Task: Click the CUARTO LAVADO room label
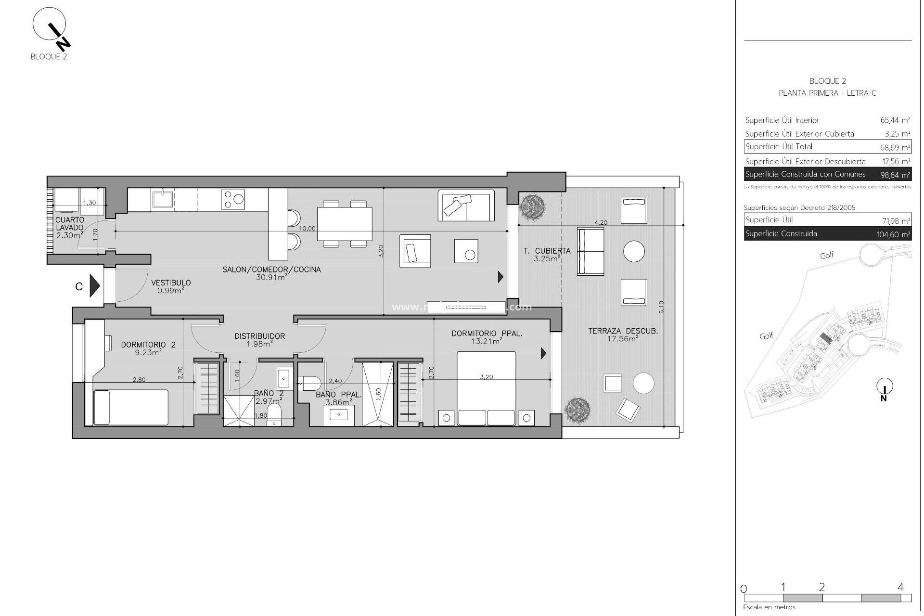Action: pyautogui.click(x=70, y=224)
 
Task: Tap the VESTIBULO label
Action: pyautogui.click(x=171, y=283)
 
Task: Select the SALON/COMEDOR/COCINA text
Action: pyautogui.click(x=271, y=269)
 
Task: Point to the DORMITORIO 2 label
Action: pyautogui.click(x=141, y=345)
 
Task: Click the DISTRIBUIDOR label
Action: pyautogui.click(x=259, y=336)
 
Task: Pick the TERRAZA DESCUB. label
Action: pyautogui.click(x=623, y=331)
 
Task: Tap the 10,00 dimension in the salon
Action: pyautogui.click(x=307, y=228)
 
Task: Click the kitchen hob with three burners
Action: pyautogui.click(x=233, y=199)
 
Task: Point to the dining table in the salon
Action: pyautogui.click(x=345, y=224)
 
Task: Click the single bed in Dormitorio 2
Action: pyautogui.click(x=130, y=407)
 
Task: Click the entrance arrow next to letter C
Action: pyautogui.click(x=95, y=286)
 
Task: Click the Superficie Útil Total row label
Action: pyautogui.click(x=779, y=147)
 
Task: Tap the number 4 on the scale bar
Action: pyautogui.click(x=900, y=587)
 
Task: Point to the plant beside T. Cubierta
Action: pyautogui.click(x=532, y=207)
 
